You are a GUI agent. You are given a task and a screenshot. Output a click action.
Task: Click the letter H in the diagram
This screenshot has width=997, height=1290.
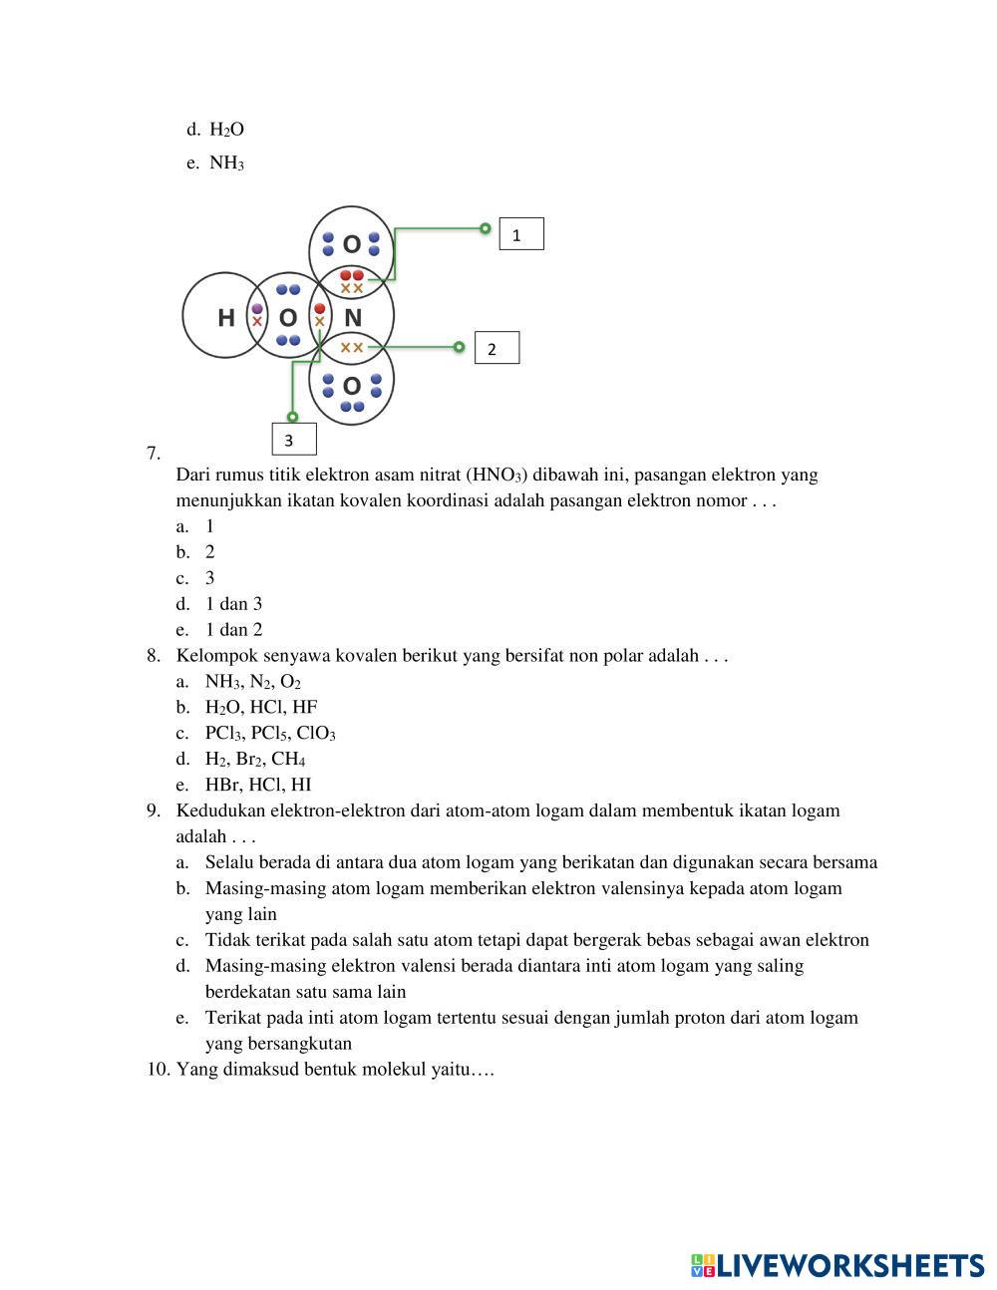pos(226,318)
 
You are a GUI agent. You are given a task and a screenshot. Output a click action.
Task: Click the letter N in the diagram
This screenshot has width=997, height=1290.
pos(352,318)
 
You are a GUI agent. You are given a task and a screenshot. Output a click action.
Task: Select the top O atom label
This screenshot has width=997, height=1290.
pos(351,244)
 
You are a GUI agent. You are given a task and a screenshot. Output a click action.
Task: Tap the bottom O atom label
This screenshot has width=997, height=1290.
pos(351,386)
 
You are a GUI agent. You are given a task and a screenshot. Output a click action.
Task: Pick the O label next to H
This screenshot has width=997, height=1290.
pos(288,318)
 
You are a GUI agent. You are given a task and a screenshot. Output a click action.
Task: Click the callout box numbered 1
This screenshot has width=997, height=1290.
pos(520,234)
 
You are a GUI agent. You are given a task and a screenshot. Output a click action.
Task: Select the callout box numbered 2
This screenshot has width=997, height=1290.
pos(496,348)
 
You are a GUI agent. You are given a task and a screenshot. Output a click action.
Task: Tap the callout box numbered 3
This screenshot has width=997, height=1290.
pos(293,439)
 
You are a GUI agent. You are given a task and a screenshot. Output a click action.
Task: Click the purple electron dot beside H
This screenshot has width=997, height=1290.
pos(257,309)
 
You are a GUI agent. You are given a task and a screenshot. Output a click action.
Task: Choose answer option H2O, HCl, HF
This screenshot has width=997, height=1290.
pos(261,707)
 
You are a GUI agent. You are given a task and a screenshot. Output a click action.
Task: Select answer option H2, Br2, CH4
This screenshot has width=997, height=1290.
pos(255,759)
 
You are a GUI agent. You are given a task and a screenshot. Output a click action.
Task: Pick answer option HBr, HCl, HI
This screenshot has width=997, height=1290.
pos(258,785)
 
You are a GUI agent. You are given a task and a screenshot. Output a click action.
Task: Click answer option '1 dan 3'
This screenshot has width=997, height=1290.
pos(233,603)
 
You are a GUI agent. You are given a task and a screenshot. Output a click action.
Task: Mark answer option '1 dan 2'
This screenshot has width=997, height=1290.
pos(233,629)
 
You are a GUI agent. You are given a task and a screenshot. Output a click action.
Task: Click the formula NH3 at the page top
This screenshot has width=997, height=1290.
pos(226,162)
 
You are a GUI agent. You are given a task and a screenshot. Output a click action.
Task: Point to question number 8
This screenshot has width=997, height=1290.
pos(154,655)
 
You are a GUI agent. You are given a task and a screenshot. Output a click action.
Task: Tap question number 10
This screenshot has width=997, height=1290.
pos(159,1070)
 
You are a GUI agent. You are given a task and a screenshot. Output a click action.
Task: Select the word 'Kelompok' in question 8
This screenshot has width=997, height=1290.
pos(211,655)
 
